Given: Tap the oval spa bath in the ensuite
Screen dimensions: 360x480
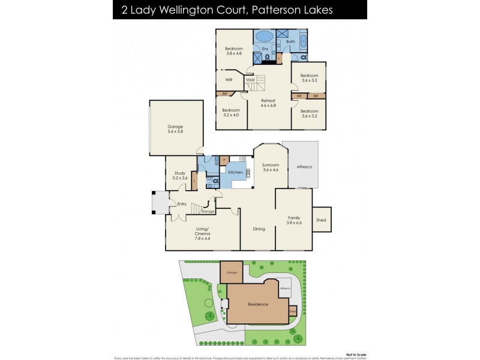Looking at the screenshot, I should coord(264,36).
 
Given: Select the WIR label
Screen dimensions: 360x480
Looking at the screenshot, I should coord(229,79).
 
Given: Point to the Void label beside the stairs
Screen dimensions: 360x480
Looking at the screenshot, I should coord(250,79).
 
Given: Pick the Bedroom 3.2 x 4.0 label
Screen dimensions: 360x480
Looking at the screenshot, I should coord(231,112).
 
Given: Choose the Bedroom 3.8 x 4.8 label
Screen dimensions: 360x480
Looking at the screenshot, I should coord(234,50).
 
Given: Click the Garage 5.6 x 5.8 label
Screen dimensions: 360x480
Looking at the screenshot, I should coord(175,128).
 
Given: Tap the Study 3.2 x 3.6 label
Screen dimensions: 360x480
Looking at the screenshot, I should coord(180,175).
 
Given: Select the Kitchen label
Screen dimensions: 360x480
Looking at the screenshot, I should coord(235,172).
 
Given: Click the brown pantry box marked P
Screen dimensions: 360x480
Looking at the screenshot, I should coord(223,160).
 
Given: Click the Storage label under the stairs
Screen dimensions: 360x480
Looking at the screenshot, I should coord(208,211).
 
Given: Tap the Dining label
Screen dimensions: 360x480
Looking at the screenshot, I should coord(259,229).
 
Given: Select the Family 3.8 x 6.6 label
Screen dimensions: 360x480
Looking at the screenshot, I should coord(294,220).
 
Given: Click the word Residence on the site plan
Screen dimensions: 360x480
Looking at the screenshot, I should coord(259,304).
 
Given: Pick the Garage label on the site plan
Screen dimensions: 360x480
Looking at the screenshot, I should coord(232,272).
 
